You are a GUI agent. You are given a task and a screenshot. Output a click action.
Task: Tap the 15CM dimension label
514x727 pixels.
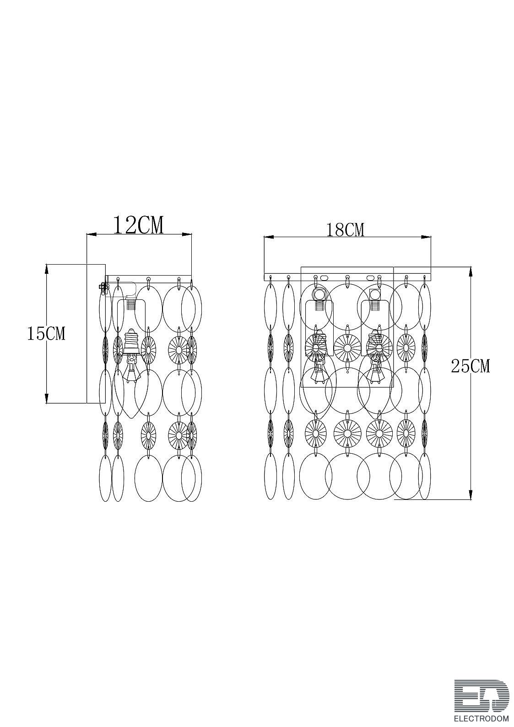coord(46,334)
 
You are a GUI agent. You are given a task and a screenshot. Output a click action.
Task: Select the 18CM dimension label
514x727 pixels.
coord(345,230)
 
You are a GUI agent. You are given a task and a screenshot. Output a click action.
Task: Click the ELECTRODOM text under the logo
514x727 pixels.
coord(482,717)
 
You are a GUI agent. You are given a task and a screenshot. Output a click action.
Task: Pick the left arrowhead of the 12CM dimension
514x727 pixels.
coord(91,233)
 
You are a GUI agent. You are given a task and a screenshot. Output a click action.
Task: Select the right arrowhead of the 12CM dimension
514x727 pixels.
coord(187,233)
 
